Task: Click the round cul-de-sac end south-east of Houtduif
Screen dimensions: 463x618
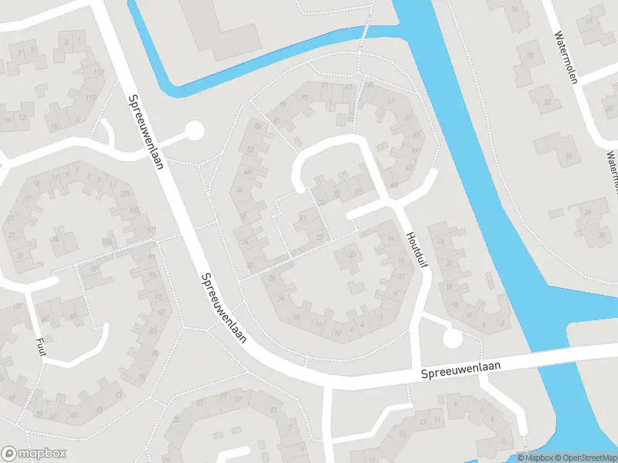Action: coord(452,337)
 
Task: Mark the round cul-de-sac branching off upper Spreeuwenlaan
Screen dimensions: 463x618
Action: coord(193,131)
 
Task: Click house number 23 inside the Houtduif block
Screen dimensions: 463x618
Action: coord(352,253)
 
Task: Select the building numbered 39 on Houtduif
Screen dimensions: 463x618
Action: coord(357,191)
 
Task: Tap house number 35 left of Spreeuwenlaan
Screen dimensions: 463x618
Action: coord(56,238)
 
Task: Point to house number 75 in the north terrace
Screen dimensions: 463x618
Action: coord(304,98)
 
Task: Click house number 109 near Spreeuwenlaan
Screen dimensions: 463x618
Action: coord(124,193)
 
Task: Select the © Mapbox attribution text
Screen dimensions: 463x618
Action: coord(536,457)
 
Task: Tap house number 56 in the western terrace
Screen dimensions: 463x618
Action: coord(256,127)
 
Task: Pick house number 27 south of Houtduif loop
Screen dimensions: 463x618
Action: coord(320,236)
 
